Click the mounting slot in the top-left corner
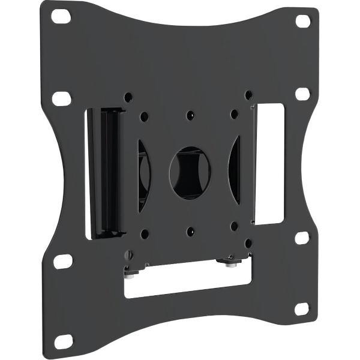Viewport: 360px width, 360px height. point(61,16)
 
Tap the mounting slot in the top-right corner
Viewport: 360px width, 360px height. point(303,21)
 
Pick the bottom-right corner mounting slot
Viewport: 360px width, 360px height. point(302,309)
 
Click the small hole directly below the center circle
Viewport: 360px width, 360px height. point(190,230)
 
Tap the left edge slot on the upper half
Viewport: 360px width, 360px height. point(61,98)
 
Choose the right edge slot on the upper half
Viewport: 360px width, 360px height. point(303,94)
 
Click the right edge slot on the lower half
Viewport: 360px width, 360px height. point(302,237)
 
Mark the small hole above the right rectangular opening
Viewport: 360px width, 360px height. point(248,95)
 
